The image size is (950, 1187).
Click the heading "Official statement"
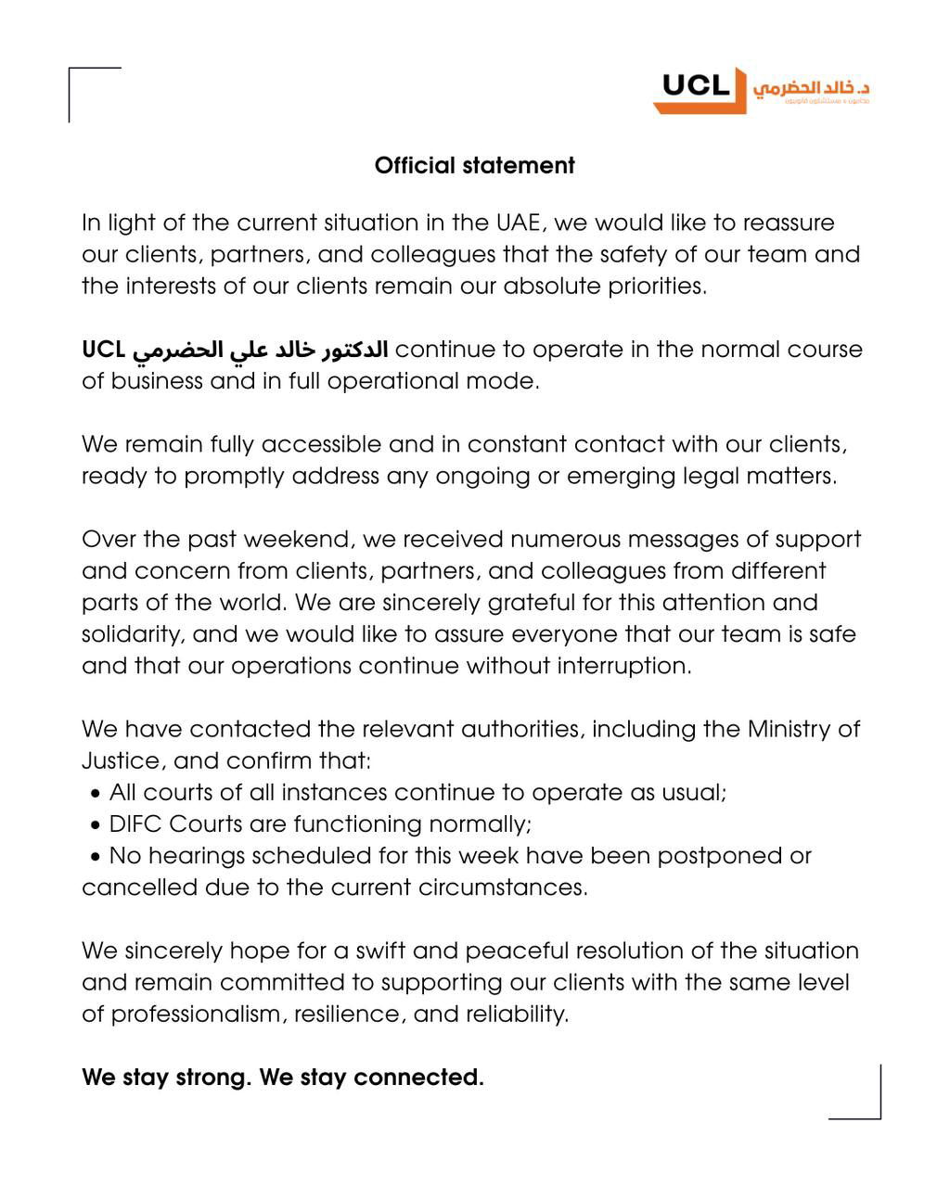coord(474,165)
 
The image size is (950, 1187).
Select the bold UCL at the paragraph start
coord(103,350)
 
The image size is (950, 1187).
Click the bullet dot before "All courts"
coord(96,794)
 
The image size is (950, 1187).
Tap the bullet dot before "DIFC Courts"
coord(96,825)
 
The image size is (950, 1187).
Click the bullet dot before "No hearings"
coord(96,857)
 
